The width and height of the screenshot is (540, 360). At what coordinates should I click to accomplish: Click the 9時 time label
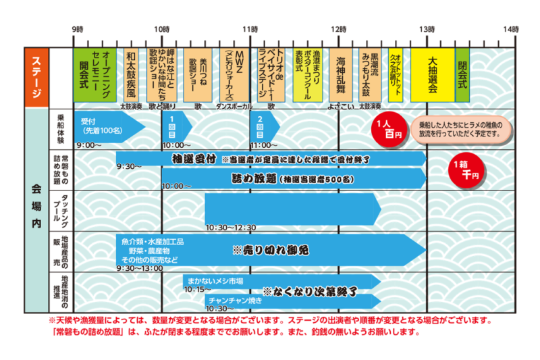77,30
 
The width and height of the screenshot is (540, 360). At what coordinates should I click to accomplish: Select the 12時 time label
339,30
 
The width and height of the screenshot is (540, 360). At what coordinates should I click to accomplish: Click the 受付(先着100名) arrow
108,126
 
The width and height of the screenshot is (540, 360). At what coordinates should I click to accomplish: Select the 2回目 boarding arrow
262,126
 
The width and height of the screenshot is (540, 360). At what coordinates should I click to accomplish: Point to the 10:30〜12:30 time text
231,228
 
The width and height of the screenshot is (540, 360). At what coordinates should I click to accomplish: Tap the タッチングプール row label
64,211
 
